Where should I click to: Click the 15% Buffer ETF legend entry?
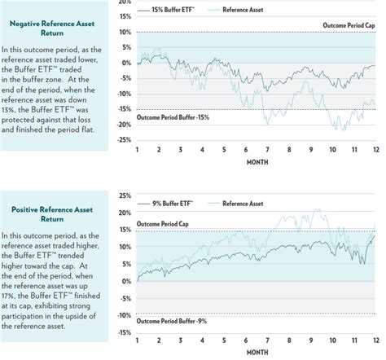166,10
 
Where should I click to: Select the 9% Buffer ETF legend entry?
165,204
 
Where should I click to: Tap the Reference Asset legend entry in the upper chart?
235,10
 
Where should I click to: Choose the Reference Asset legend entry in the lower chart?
235,204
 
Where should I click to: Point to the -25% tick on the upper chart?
125,140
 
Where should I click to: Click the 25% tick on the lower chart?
125,195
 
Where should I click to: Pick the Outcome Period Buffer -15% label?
173,117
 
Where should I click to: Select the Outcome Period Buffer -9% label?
172,321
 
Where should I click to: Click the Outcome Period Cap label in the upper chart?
349,25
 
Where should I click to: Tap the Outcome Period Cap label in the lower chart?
162,224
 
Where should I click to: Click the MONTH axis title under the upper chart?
257,162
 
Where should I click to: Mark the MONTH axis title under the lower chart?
257,353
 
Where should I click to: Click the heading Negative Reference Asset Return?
52,29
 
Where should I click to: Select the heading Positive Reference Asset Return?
52,214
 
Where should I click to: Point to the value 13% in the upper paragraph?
8,110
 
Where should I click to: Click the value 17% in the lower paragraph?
8,296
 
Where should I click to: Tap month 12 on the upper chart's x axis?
376,150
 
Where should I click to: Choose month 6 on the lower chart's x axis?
246,340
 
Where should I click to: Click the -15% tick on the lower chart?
125,333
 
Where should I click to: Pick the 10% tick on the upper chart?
125,33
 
